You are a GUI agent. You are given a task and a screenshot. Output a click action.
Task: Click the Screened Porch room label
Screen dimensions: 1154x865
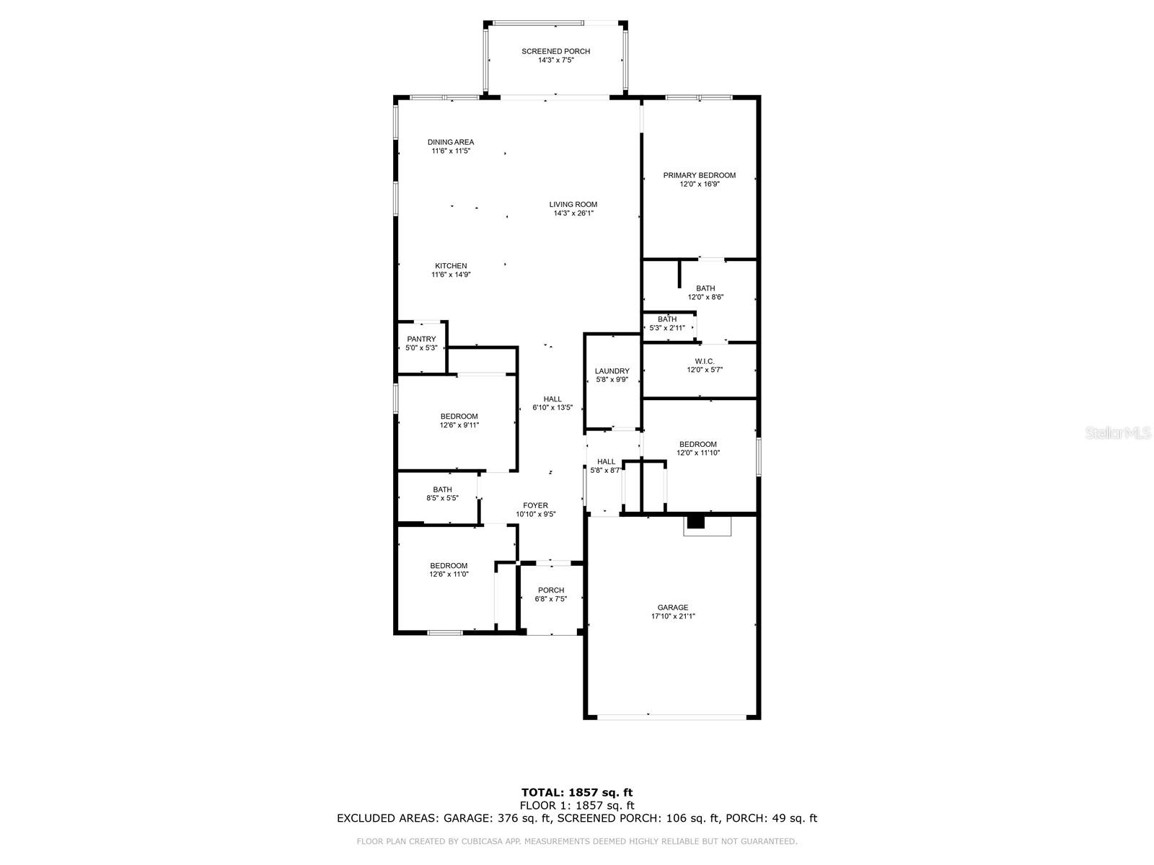click(555, 51)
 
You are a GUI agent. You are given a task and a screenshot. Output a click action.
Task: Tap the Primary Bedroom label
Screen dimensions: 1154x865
click(699, 175)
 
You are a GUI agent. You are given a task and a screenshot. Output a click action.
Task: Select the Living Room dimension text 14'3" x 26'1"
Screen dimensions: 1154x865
click(573, 213)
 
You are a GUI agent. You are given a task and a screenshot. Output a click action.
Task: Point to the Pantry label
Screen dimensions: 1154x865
click(421, 340)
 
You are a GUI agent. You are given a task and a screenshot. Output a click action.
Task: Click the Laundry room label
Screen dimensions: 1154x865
click(612, 371)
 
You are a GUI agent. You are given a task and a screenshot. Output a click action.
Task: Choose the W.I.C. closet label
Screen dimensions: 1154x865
click(705, 361)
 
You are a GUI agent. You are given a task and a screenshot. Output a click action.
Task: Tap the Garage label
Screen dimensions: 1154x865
click(672, 608)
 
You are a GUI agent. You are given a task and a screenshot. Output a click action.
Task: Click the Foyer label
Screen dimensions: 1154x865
click(535, 506)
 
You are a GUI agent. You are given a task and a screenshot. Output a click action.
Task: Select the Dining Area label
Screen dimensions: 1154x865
click(451, 142)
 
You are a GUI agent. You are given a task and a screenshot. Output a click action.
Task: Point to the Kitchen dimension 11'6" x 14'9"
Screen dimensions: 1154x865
click(451, 275)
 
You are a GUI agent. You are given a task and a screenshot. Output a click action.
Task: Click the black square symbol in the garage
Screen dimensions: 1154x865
click(695, 522)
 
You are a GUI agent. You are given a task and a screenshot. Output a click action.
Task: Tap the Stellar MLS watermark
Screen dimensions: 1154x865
click(1118, 432)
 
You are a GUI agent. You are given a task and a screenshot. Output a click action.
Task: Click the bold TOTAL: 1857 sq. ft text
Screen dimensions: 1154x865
click(577, 792)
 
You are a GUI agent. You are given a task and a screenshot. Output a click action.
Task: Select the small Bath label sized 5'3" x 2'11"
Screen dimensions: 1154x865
click(666, 319)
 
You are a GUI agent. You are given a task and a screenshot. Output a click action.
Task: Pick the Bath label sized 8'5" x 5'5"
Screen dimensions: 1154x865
click(442, 489)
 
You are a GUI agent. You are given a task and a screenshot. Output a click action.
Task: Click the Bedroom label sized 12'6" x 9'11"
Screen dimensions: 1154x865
click(459, 417)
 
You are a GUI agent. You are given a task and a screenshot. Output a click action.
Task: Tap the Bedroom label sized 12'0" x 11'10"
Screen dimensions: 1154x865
click(697, 444)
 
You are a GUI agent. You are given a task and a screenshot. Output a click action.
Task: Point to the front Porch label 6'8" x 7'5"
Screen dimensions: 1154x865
click(551, 590)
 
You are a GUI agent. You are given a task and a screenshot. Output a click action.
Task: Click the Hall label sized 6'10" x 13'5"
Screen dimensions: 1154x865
click(552, 399)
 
